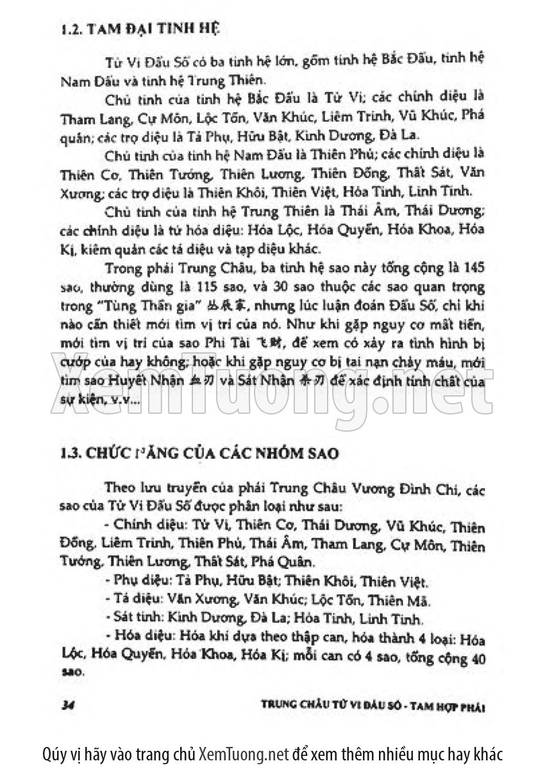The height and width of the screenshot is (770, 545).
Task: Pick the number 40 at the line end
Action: [476, 657]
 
